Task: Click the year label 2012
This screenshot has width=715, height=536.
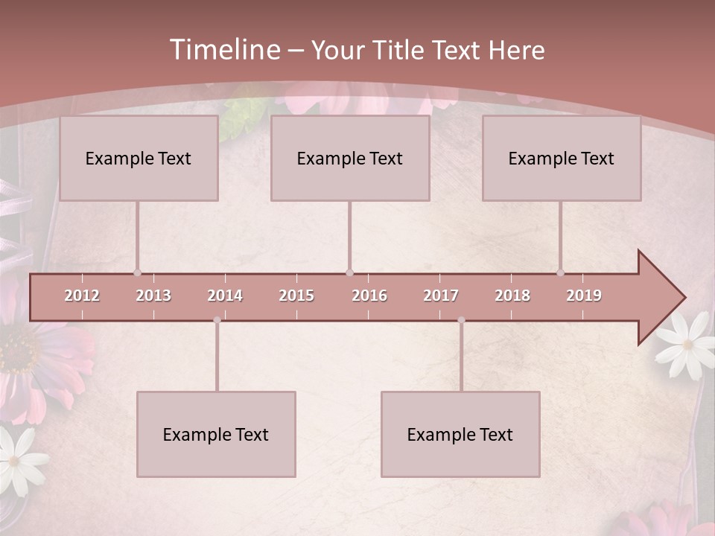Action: pos(82,296)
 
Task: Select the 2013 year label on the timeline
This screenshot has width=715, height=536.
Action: pos(153,296)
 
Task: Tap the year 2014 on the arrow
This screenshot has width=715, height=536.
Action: pos(225,296)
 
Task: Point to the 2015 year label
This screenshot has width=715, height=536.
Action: pos(296,296)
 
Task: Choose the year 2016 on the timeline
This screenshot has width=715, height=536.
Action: pos(369,296)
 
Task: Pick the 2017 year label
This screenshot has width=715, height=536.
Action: pos(441,296)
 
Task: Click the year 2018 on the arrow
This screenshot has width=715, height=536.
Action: pos(512,296)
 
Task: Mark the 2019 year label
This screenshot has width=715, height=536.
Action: pos(584,296)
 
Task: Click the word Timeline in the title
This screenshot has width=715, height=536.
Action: pos(223,50)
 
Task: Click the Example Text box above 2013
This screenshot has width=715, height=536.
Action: pos(139,158)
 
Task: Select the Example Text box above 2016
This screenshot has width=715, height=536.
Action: pos(350,158)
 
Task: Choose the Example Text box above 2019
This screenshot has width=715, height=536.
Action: pos(562,158)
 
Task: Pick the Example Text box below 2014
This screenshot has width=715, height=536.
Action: pos(216,434)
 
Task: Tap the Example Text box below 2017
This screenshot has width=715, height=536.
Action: pos(460,434)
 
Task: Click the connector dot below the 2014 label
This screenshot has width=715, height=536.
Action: pos(217,320)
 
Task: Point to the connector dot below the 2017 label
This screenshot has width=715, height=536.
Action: pos(461,320)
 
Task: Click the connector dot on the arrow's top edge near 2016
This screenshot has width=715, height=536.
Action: pos(349,272)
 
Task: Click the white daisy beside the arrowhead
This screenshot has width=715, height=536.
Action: pos(687,343)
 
